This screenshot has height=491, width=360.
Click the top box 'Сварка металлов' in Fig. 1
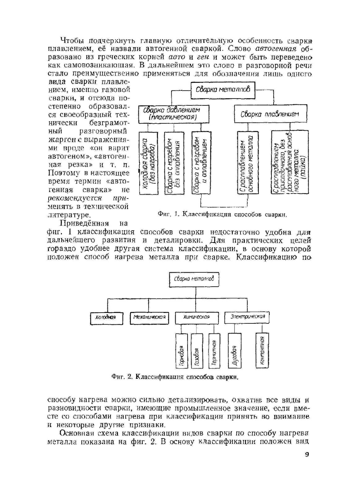pos(222,90)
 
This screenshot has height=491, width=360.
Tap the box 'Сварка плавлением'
pos(270,114)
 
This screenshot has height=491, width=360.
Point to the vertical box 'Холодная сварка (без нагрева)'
pos(148,163)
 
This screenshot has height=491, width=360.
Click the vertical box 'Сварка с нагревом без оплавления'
pos(174,163)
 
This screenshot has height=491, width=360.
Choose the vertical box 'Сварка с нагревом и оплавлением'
pos(201,163)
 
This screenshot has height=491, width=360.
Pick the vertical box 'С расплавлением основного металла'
pos(248,163)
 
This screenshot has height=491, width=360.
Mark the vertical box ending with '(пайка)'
pos(290,163)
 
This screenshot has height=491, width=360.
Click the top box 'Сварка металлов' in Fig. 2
pos(194,279)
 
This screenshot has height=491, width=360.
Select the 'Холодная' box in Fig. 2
pos(106,318)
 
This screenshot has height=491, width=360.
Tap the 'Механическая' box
pos(149,318)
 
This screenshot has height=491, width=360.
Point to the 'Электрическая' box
pos(247,317)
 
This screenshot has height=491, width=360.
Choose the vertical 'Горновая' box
pos(181,351)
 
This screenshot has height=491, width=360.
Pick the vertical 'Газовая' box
pos(197,351)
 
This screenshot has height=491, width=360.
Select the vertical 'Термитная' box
pos(214,351)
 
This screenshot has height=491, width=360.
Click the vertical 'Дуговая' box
pos(234,351)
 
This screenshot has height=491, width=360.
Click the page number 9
pos(307,455)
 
